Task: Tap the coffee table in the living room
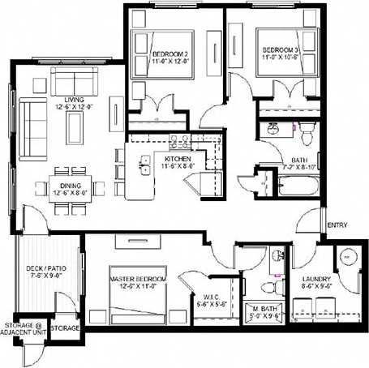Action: click(x=75, y=127)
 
